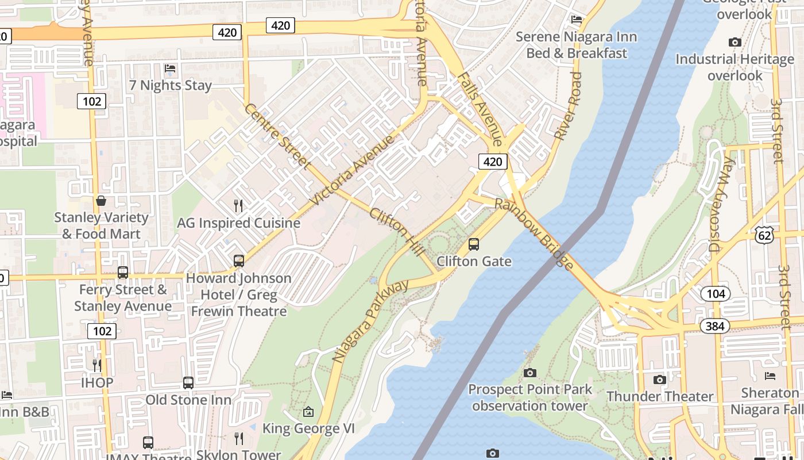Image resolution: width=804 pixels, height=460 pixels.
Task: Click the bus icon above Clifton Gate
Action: [x=474, y=244]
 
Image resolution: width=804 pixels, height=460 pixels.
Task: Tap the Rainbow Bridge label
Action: [x=534, y=234]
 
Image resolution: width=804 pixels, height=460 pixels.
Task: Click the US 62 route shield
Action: [x=765, y=235]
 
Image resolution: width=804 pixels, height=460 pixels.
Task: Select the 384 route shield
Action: [x=714, y=326]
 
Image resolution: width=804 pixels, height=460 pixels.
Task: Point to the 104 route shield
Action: [x=716, y=294]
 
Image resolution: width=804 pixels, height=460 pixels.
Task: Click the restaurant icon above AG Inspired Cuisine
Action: [x=238, y=205]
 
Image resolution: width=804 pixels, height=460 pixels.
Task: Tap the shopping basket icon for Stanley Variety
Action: [x=101, y=201]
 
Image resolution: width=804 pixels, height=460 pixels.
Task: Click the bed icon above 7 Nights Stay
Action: [x=170, y=68]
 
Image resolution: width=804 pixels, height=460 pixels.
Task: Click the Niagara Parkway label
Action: [x=370, y=320]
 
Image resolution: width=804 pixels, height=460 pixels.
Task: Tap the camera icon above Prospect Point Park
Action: [x=529, y=373]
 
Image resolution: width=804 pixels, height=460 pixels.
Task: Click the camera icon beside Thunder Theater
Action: [x=660, y=379]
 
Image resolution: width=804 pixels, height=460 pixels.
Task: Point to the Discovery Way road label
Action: [x=721, y=205]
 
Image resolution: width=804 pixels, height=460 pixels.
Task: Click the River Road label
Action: [x=569, y=106]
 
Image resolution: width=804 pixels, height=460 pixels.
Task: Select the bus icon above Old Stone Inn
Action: [x=188, y=382]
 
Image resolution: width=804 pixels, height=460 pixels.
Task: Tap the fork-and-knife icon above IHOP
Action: [x=97, y=365]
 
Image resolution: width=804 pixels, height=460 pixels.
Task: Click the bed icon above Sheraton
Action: [x=770, y=376]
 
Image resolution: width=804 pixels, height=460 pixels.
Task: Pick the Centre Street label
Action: [x=277, y=137]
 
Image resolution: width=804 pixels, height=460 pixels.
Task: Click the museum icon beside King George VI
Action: [x=308, y=412]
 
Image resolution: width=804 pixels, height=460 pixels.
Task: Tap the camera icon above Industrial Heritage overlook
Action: [x=735, y=42]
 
